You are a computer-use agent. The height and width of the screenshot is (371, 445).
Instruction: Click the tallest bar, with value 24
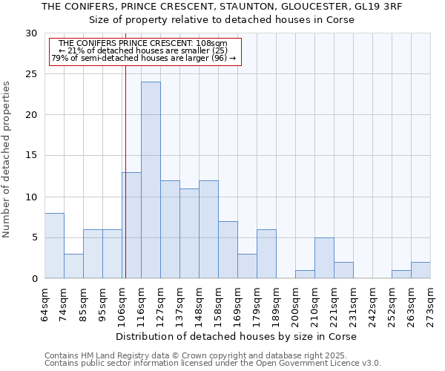tap(151, 180)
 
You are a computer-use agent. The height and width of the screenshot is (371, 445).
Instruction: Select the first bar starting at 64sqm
tap(54, 246)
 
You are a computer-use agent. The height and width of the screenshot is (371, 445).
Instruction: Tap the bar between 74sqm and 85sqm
tap(73, 266)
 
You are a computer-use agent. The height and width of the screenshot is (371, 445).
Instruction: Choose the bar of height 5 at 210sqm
tap(324, 258)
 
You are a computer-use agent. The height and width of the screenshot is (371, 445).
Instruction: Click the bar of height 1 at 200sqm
tap(305, 275)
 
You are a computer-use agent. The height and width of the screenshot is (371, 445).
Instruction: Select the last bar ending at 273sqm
tap(421, 270)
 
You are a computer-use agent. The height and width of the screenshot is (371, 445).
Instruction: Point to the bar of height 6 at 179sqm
tap(266, 254)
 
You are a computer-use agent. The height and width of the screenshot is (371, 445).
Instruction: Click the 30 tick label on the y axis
tap(31, 33)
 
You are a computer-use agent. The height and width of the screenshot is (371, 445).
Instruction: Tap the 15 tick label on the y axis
tap(31, 156)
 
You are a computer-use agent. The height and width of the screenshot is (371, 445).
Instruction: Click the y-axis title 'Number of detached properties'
tap(7, 160)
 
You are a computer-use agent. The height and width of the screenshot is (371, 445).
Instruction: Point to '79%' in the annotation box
tap(59, 58)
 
